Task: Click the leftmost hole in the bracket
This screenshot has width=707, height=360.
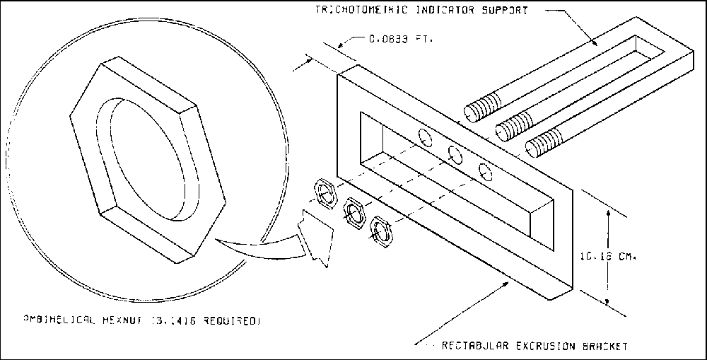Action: pos(426,136)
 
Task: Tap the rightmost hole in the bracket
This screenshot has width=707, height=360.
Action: pos(485,170)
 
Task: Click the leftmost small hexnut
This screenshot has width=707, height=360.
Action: pos(325,191)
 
